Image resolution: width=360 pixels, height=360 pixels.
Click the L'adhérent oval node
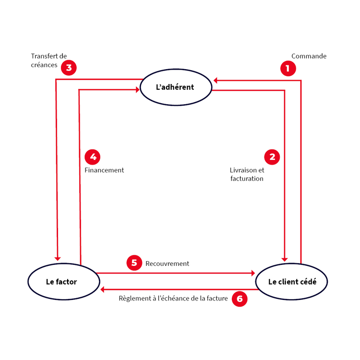point(175,87)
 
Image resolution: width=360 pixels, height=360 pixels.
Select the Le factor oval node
point(61,282)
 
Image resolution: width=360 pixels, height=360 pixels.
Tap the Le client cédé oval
point(292,282)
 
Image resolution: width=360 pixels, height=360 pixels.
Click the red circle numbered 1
point(288,69)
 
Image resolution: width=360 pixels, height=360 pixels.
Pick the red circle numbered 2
point(272,156)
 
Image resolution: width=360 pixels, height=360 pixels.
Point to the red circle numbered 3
point(69,68)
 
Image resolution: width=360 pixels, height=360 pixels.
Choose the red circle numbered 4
point(93,156)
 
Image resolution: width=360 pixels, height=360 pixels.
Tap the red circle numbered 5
point(134,263)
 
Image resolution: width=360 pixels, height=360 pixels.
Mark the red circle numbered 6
point(240,299)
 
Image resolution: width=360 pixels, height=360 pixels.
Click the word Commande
point(309,56)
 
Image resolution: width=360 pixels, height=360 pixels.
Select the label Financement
point(104,170)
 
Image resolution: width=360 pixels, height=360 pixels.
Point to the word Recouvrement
point(167,264)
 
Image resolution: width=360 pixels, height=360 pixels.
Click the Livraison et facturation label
point(247,174)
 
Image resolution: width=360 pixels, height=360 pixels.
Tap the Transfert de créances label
point(48,60)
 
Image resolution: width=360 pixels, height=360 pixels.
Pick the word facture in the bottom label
point(216,299)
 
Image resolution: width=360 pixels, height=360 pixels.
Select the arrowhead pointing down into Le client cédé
point(286,257)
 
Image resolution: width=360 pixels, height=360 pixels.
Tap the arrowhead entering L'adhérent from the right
point(217,80)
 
